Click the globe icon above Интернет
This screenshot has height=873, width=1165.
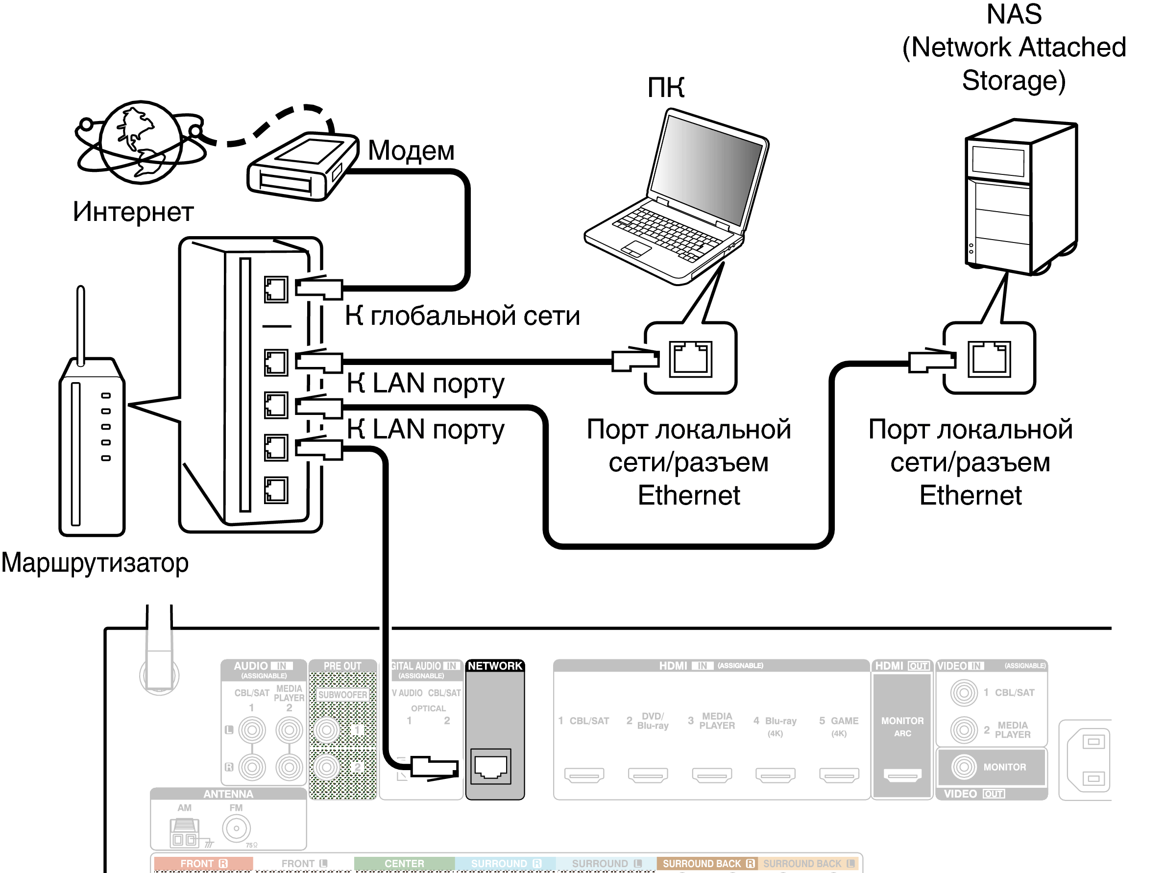pos(141,142)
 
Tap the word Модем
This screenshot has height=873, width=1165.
pos(411,150)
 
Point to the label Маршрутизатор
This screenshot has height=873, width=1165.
pos(95,563)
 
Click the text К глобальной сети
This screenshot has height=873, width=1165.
pos(462,316)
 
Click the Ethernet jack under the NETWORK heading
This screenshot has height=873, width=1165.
pos(490,767)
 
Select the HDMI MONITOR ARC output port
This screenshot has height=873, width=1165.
pos(902,775)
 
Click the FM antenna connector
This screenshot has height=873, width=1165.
pos(236,828)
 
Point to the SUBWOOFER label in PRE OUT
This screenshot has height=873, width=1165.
pos(342,695)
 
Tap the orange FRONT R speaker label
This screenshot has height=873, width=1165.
pos(203,864)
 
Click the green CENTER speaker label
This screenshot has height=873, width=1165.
pos(404,864)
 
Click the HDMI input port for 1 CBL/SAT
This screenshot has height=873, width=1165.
pos(584,775)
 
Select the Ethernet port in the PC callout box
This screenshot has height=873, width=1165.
pos(690,359)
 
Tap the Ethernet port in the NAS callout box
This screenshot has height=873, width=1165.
pos(989,359)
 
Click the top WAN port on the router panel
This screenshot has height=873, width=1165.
pos(276,290)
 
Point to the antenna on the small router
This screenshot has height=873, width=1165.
pos(80,324)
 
